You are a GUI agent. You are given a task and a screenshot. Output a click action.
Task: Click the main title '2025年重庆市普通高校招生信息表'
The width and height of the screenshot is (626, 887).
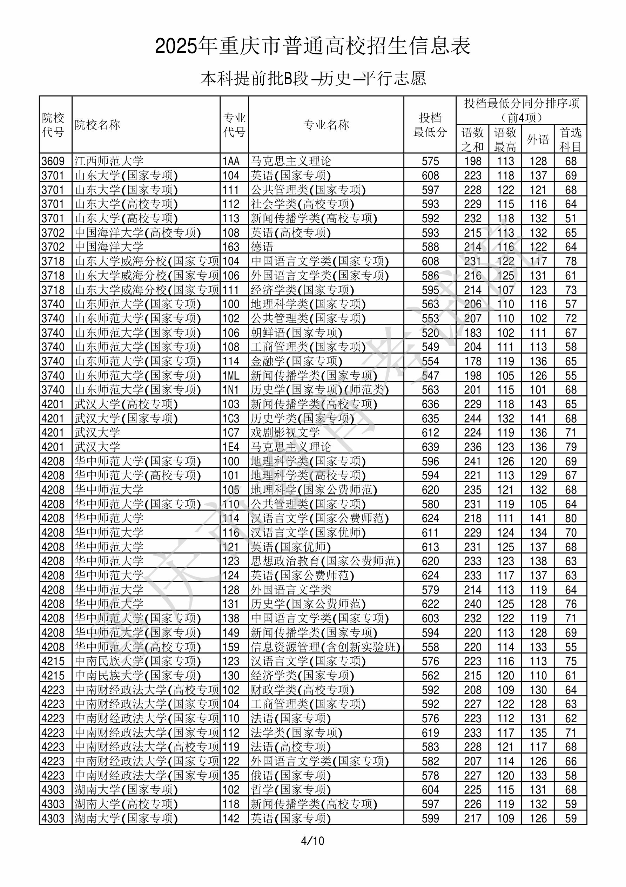click(312, 46)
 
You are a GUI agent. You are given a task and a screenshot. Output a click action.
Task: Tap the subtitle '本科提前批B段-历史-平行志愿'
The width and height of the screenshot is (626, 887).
click(312, 79)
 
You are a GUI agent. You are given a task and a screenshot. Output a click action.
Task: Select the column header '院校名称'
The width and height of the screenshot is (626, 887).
click(97, 125)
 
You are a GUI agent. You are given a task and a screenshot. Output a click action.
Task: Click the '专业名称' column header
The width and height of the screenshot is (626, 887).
click(326, 125)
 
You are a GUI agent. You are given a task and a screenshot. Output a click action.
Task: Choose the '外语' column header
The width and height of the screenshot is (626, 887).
click(538, 139)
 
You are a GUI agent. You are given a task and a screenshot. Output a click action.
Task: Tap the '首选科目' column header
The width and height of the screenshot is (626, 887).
click(571, 139)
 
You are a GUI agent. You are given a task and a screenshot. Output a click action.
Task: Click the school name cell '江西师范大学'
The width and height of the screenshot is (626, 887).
click(109, 161)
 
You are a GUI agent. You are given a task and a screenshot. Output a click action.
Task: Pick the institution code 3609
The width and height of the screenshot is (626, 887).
click(53, 161)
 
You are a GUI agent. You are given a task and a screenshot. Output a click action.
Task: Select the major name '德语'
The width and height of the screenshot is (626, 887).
click(262, 247)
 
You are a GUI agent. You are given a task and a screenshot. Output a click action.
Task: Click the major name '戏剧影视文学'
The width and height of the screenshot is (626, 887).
click(285, 433)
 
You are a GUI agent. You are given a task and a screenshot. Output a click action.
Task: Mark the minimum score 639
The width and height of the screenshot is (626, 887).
click(430, 447)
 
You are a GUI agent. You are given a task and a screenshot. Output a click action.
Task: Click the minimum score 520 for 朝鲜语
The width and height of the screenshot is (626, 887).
click(430, 333)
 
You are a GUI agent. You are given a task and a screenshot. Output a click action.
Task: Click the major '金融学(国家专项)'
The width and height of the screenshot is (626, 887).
click(296, 361)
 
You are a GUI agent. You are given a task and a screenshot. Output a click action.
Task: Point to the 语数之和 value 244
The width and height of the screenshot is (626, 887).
click(472, 418)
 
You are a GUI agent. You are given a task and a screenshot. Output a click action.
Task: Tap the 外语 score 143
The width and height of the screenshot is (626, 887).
click(538, 404)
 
